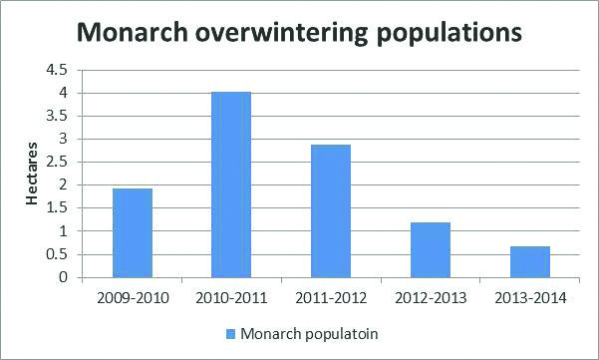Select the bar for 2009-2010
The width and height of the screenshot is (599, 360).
[132, 232]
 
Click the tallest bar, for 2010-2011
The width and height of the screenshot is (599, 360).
[230, 184]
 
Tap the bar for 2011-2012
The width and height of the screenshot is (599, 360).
[330, 210]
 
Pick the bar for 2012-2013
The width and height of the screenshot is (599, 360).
[430, 249]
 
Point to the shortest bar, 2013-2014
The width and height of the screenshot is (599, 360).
[529, 261]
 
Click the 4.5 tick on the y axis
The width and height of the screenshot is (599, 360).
[56, 70]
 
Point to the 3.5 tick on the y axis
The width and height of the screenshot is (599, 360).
[56, 116]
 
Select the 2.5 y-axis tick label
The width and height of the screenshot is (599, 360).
[56, 162]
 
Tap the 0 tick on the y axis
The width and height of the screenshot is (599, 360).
[62, 277]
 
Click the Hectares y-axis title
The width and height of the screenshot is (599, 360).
[33, 176]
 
